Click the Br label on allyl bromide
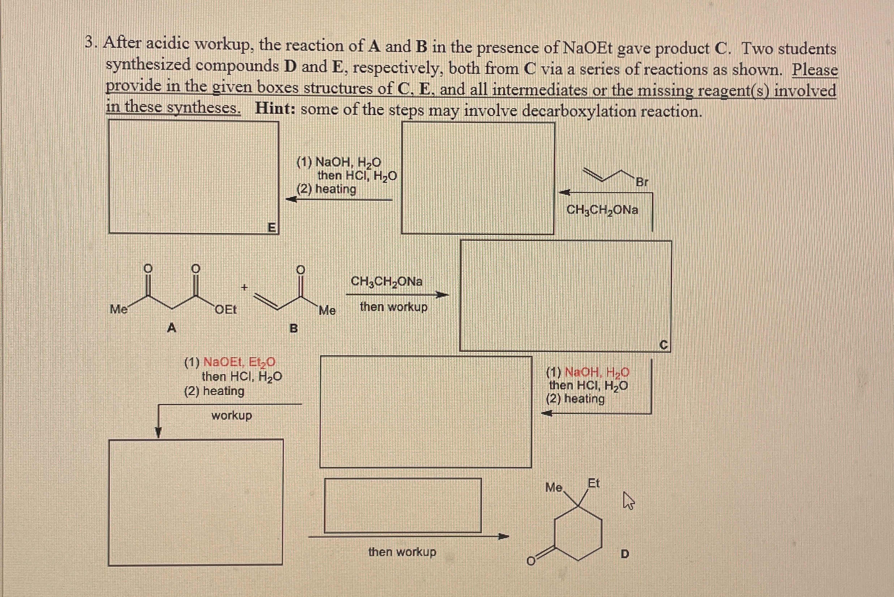point(642,182)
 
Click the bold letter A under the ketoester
point(172,327)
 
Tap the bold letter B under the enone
point(293,328)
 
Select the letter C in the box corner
point(663,345)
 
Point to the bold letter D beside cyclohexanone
point(625,554)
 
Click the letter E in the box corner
point(271,227)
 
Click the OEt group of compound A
point(226,310)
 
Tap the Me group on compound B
point(327,311)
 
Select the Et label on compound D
point(594,483)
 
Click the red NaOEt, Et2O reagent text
point(240,362)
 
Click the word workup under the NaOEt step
point(232,415)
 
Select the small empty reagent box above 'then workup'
point(402,505)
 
